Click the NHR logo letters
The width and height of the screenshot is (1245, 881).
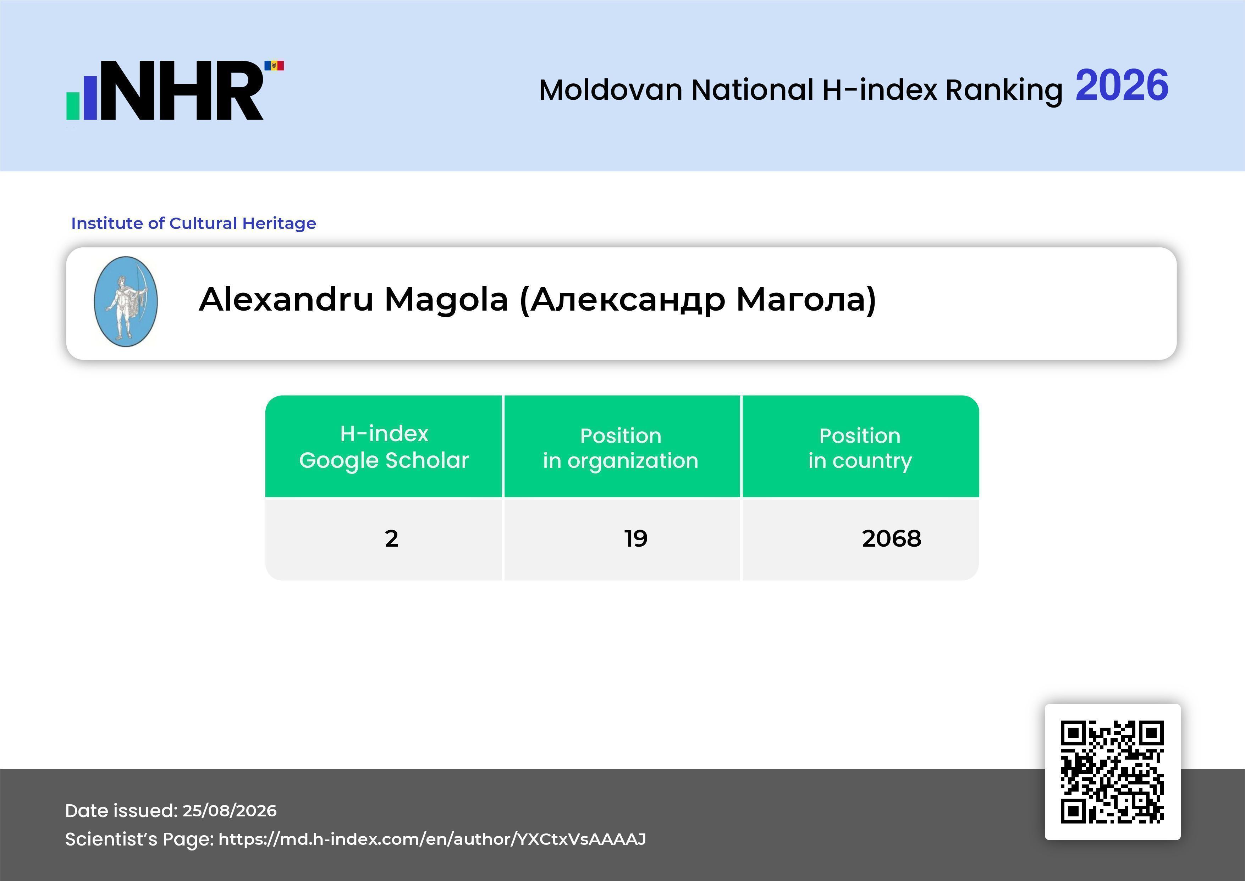pos(182,90)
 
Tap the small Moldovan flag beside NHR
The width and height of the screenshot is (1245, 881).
pos(274,66)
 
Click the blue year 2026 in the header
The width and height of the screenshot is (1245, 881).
pos(1122,85)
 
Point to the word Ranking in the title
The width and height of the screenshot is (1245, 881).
pos(1004,91)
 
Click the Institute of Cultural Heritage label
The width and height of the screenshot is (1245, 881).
pos(194,223)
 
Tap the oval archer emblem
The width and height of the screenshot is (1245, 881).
pos(126,302)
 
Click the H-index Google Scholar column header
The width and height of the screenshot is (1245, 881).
pos(384,447)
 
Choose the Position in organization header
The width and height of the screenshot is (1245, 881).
pos(621,448)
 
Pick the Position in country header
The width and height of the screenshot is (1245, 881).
pos(860,448)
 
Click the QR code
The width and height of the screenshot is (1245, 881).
pos(1112,771)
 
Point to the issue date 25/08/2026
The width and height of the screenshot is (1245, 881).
pos(229,810)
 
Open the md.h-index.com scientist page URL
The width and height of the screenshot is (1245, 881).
pos(432,839)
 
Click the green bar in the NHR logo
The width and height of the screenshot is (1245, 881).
pos(73,106)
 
